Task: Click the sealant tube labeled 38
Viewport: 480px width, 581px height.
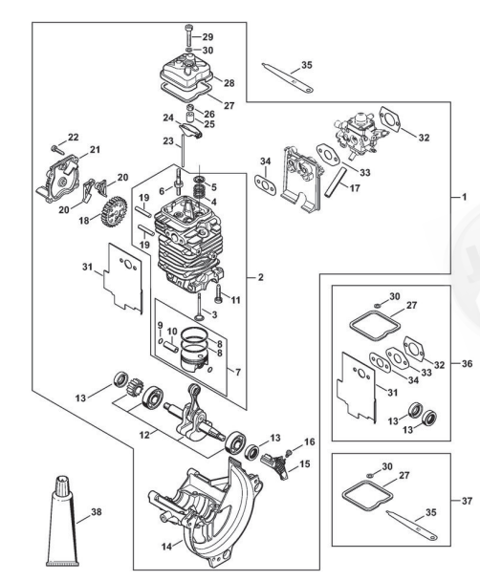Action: coord(62,521)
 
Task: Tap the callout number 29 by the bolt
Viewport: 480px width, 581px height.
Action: coord(207,36)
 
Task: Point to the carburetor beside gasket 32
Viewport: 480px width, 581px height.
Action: coord(355,135)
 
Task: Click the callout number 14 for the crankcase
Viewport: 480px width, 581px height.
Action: coord(166,546)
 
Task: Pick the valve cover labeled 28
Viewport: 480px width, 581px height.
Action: coord(186,75)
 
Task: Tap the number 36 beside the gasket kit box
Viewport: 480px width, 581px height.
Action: coord(467,363)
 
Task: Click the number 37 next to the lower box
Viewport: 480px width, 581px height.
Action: coord(467,501)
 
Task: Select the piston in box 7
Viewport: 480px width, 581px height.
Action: coord(194,359)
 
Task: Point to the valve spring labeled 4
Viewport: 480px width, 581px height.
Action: coord(201,194)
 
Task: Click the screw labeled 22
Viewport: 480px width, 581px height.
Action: coord(57,149)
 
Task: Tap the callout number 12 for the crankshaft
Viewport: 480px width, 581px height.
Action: coord(144,435)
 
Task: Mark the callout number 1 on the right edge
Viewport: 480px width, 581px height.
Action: coord(464,197)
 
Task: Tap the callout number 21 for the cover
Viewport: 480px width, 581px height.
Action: coord(95,150)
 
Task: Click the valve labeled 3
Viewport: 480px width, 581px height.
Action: coord(200,307)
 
